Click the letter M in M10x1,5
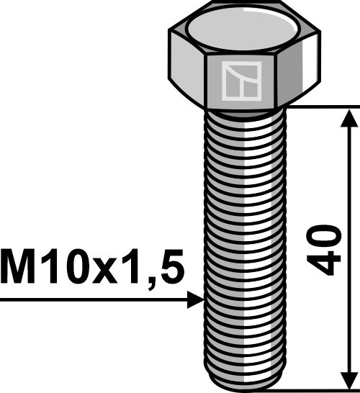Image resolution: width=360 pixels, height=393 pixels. pos(22,268)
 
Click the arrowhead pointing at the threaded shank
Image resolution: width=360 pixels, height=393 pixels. pos(195,299)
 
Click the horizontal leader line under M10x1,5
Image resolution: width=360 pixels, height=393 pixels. pos(94,299)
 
